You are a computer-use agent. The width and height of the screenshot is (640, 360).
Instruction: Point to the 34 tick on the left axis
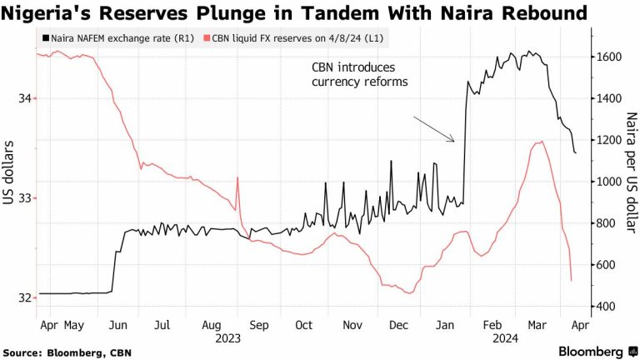[x=22, y=98]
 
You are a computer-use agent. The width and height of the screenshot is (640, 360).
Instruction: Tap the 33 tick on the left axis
[x=22, y=198]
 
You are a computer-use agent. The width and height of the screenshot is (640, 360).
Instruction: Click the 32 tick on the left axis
[x=22, y=297]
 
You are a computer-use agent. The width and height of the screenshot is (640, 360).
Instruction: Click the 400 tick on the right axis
[x=607, y=306]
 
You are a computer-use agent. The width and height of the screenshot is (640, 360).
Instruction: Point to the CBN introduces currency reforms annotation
[x=360, y=74]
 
